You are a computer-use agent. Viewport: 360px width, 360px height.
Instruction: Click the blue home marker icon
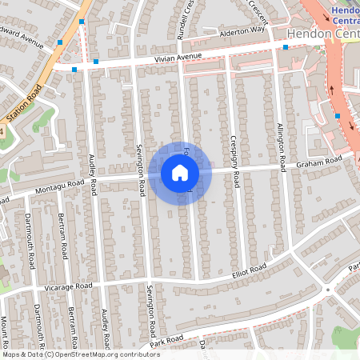click(x=180, y=172)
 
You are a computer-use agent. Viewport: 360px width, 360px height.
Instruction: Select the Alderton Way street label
click(x=242, y=31)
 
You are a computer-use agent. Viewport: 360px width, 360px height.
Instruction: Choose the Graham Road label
click(x=319, y=162)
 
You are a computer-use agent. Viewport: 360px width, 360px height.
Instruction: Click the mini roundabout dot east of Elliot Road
click(x=326, y=289)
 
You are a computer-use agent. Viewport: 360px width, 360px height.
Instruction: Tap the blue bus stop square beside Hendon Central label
click(x=286, y=46)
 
